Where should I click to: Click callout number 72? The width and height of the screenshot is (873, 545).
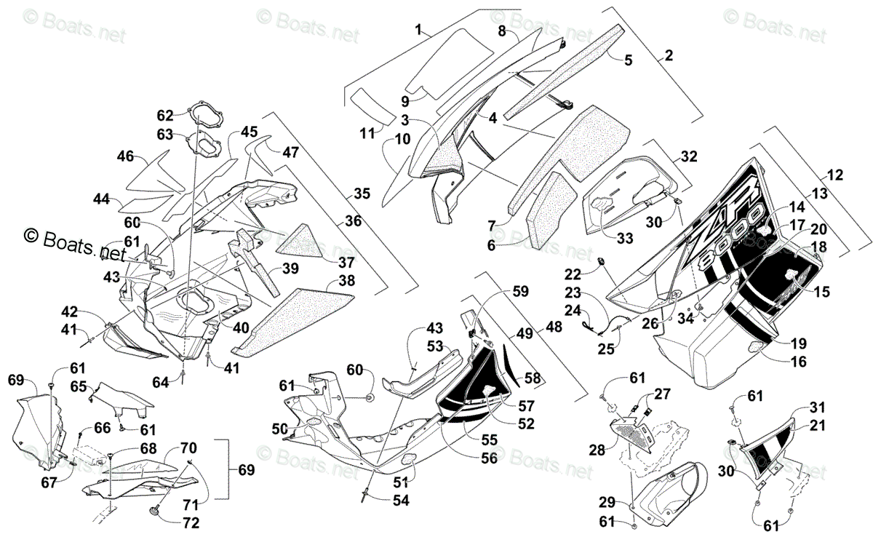point(191,522)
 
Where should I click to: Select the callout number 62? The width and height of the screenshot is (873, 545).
point(165,116)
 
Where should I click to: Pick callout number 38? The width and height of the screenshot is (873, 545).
point(346,280)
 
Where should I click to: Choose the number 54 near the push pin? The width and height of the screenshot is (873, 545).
point(401,500)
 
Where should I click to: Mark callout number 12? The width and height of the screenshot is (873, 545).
point(834,175)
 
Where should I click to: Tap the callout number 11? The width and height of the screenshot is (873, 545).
point(367,133)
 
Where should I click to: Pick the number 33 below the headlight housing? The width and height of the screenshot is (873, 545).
point(625,238)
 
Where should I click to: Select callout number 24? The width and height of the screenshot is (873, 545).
point(573,311)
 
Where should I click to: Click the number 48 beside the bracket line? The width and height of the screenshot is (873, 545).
point(554,326)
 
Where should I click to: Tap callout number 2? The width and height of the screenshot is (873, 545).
point(669,55)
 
